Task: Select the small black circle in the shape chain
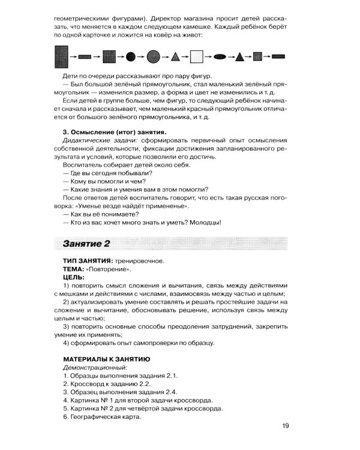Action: (131, 58)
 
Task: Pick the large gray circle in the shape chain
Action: (153, 58)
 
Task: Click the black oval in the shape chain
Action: (220, 58)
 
